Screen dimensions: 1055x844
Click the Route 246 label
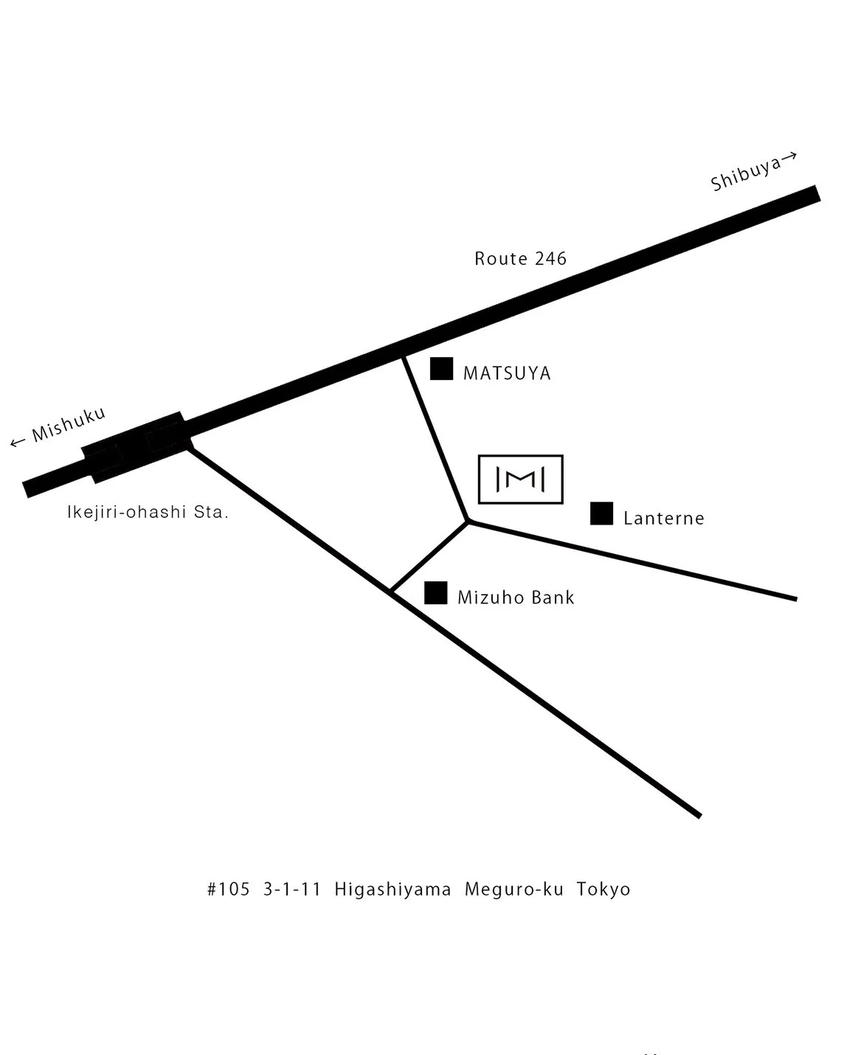click(520, 259)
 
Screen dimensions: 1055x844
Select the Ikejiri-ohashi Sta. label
click(148, 512)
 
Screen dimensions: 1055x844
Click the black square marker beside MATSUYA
click(441, 369)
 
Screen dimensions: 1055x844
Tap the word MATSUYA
click(507, 373)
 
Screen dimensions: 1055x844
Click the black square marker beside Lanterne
click(601, 513)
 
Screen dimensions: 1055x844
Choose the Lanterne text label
click(663, 518)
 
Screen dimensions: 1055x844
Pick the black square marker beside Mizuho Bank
click(436, 593)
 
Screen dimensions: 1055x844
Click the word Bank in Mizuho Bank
click(553, 597)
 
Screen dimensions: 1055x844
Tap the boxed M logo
click(520, 480)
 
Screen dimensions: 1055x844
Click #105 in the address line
click(229, 889)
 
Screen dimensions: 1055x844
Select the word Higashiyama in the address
click(392, 889)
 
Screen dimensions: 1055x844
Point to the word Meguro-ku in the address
click(513, 889)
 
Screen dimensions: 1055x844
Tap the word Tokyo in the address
click(603, 889)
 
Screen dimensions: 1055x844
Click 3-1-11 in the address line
click(292, 889)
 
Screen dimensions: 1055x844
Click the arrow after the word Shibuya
click(789, 156)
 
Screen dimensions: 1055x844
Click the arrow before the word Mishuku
click(18, 443)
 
